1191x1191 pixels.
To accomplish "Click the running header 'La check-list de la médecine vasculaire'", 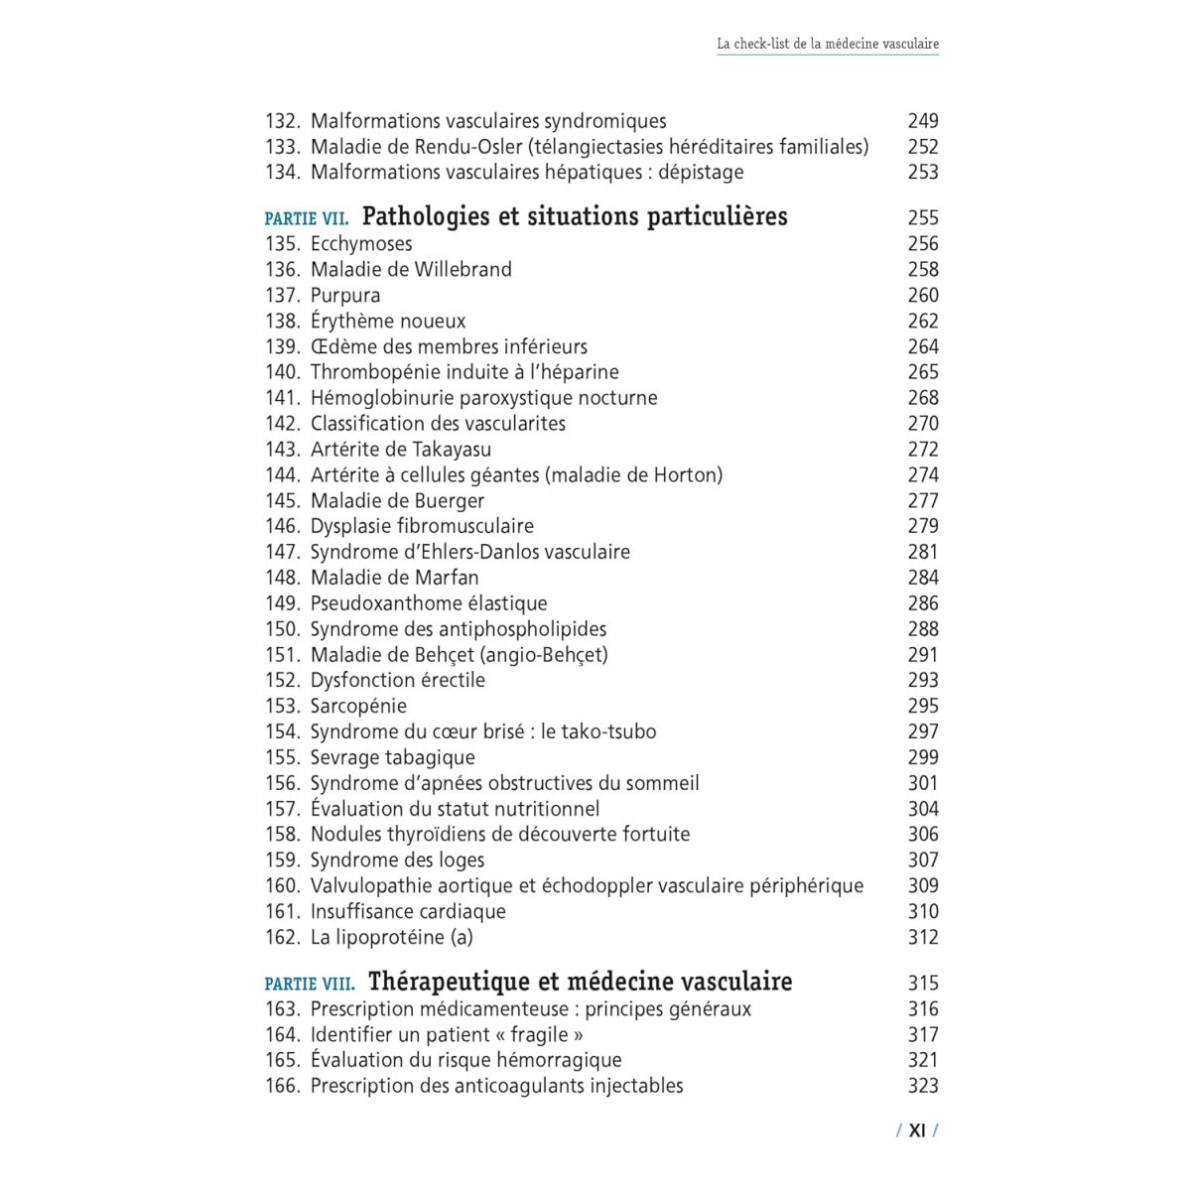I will pyautogui.click(x=828, y=44).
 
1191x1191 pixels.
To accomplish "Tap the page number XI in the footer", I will pyautogui.click(x=917, y=1129).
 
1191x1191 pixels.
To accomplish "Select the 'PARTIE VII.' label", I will pyautogui.click(x=307, y=218).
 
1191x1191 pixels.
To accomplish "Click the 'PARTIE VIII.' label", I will pyautogui.click(x=310, y=984).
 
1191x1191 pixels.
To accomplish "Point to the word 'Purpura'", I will pyautogui.click(x=345, y=295).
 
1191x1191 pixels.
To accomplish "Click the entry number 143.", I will pyautogui.click(x=282, y=449).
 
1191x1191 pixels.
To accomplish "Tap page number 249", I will pyautogui.click(x=923, y=121).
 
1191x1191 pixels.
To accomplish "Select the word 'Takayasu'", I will pyautogui.click(x=452, y=449).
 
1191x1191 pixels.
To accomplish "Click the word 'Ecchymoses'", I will pyautogui.click(x=361, y=243).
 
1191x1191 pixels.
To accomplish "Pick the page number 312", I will pyautogui.click(x=923, y=937).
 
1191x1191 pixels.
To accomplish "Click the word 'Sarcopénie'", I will pyautogui.click(x=358, y=706).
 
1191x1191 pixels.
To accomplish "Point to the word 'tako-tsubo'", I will pyautogui.click(x=608, y=731).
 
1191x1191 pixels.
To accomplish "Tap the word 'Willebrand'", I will pyautogui.click(x=463, y=269).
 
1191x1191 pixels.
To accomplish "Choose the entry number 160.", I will pyautogui.click(x=282, y=885).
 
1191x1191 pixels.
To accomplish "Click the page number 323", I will pyautogui.click(x=923, y=1086).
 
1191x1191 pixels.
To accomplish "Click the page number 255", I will pyautogui.click(x=923, y=218).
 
